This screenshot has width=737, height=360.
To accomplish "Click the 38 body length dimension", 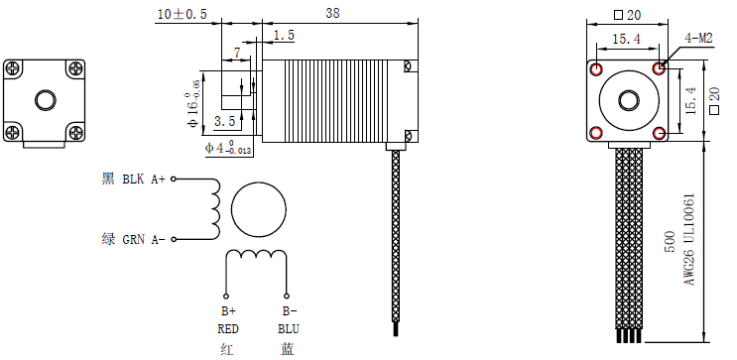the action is coord(332,13).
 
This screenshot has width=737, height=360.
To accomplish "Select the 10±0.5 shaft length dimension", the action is coord(182,14).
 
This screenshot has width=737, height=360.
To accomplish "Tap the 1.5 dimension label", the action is coord(284,36).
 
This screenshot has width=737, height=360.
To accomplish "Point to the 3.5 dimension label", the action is coord(225,121).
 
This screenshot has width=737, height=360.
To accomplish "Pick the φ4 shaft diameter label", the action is coord(227,148).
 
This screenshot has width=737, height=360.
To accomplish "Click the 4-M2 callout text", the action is coord(698,39).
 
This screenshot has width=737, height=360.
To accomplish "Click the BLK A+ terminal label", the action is coord(144,180).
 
